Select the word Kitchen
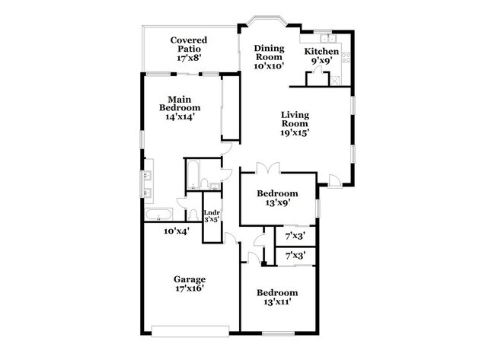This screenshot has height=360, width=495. pos(322,52)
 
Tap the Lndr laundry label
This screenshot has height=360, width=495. pos(211,214)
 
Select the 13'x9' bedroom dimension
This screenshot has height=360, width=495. pos(277,203)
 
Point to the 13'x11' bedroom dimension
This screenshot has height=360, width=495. pos(277,302)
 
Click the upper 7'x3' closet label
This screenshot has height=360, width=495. pos(295,236)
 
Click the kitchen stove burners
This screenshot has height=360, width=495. pos(345,56)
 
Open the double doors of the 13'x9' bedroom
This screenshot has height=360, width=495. pos(264,167)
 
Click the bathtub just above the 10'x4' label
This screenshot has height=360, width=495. pos(161,215)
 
